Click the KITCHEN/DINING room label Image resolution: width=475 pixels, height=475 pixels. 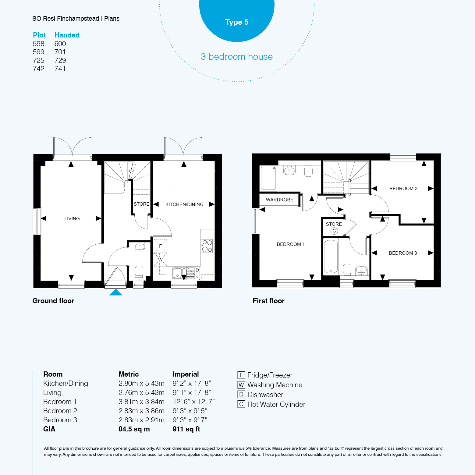[x=184, y=204]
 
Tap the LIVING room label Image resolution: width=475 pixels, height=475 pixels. [x=72, y=219]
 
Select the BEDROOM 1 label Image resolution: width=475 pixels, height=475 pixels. [x=291, y=244]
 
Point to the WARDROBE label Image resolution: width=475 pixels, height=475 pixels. [x=279, y=200]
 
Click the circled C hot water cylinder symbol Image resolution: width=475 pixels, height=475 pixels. [x=334, y=231]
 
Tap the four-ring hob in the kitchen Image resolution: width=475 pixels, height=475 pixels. [x=207, y=246]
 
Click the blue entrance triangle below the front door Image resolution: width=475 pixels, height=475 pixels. [x=116, y=292]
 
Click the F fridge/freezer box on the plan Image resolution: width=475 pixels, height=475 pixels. [x=160, y=246]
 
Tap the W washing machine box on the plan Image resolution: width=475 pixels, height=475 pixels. [x=160, y=260]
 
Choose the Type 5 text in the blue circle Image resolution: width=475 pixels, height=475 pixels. [x=237, y=22]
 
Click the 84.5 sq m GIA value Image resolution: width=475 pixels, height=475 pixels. [x=134, y=429]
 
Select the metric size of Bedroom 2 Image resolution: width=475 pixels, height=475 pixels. [x=141, y=411]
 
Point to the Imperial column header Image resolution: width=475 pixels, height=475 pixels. [x=186, y=374]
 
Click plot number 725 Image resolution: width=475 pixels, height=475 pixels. [x=39, y=60]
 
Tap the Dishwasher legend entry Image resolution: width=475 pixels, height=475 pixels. [x=261, y=395]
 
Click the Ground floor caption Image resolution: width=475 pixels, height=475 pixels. [x=53, y=301]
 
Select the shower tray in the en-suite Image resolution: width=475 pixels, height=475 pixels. [x=268, y=178]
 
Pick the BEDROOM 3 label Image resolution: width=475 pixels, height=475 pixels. [x=403, y=253]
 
